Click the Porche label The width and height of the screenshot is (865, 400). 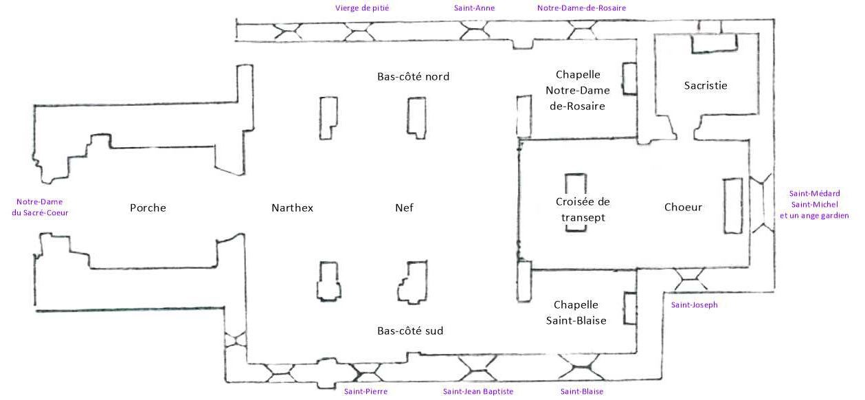point(148,208)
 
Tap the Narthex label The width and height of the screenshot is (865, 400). point(292,208)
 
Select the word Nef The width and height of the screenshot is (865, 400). point(405,208)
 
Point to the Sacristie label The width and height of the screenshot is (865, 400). point(706,86)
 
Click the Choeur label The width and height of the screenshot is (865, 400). point(683,208)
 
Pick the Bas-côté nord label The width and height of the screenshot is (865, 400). point(413,76)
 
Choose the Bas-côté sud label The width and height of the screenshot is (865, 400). point(410,331)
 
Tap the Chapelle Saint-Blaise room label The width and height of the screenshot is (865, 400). point(576,312)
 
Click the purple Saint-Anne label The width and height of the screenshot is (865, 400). point(474,8)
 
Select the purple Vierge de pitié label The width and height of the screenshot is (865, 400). point(358,8)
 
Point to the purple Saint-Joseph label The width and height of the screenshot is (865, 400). point(694,305)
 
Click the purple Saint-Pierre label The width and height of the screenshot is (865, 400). point(366,392)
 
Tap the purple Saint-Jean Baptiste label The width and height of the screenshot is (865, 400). point(478,392)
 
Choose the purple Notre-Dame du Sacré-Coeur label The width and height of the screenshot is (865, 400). point(43,208)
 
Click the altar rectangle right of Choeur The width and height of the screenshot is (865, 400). point(732,207)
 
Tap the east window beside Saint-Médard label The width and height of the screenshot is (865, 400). point(762,204)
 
